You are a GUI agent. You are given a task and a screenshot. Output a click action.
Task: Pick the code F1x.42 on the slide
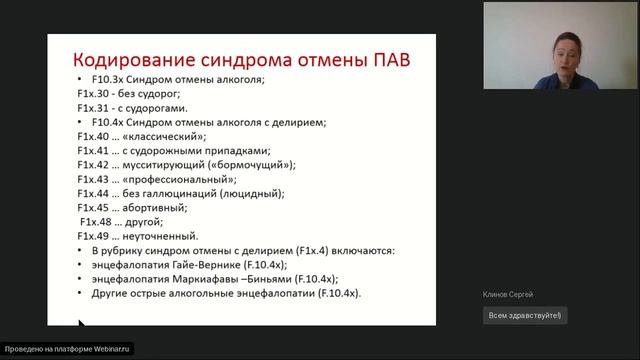click(x=95, y=164)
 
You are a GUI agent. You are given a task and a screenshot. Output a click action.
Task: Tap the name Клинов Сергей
click(x=509, y=294)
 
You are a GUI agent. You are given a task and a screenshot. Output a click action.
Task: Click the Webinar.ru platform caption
click(x=67, y=349)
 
